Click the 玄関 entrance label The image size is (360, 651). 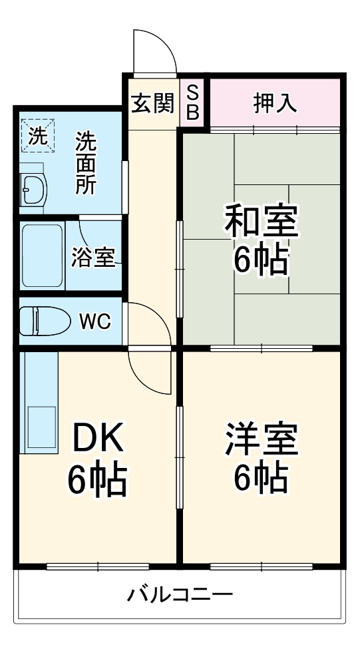(152, 103)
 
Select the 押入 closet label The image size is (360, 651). (274, 103)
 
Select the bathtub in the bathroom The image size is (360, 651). (43, 256)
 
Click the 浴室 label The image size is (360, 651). (93, 258)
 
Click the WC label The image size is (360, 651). (96, 322)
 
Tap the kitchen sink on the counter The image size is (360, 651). (40, 426)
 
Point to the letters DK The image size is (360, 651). (98, 439)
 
